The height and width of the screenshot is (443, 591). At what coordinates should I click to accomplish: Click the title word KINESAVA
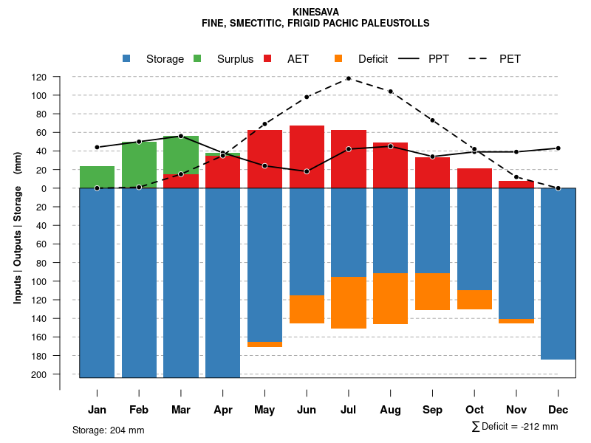click(315, 12)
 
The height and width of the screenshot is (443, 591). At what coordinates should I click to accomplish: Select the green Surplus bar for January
click(97, 177)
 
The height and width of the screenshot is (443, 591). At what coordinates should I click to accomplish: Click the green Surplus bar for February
click(139, 164)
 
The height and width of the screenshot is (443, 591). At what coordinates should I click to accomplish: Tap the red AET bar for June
click(307, 157)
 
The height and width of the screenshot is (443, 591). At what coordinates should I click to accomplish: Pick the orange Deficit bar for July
click(349, 303)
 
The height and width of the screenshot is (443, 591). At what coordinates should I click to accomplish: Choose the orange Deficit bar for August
click(390, 298)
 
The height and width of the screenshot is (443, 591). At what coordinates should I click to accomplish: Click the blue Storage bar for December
click(558, 273)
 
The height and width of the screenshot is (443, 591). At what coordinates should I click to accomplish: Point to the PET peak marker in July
click(349, 78)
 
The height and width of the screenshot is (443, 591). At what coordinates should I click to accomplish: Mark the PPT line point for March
click(181, 136)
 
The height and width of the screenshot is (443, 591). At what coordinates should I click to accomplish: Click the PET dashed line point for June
click(307, 97)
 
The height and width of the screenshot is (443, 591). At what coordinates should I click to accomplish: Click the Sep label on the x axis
click(432, 410)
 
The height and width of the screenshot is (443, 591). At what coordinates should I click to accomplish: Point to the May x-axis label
click(264, 410)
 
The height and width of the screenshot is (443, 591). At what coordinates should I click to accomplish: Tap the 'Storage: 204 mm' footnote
click(108, 430)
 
